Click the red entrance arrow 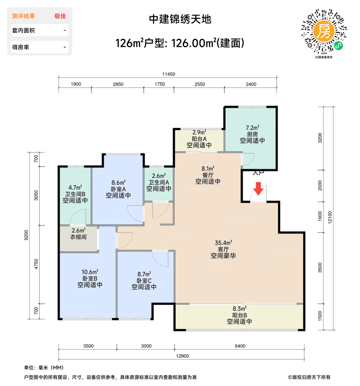coord(258,189)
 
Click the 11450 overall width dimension coord(168,74)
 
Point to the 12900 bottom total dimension coord(182,356)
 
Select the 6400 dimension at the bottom coord(240,346)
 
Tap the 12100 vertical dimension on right coord(330,217)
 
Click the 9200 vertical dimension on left coord(26,235)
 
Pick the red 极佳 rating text coord(60,16)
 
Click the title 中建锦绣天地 coord(180,19)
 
